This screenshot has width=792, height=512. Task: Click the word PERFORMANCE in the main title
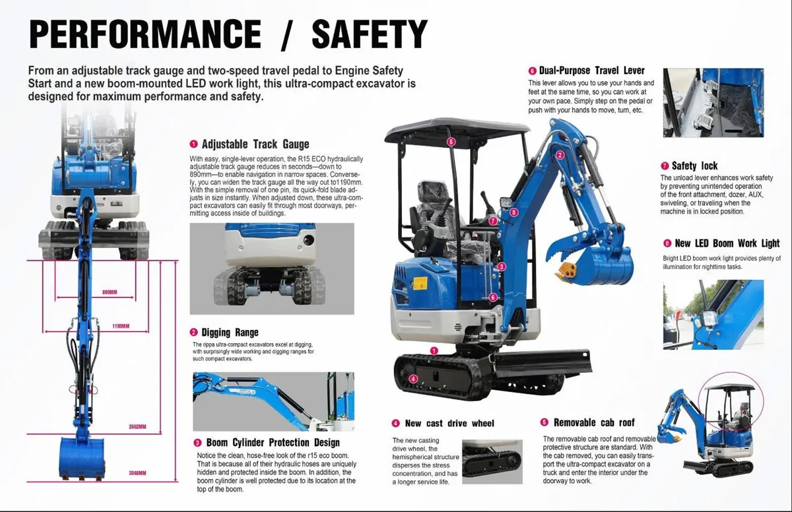point(145,35)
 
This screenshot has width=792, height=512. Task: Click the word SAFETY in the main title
point(370,35)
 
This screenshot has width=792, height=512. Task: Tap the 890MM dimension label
point(110,292)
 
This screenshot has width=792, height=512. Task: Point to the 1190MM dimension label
point(121,326)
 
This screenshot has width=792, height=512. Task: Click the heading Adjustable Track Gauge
point(255,144)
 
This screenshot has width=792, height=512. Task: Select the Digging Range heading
point(230,333)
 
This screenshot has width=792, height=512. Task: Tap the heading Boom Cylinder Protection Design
point(273,443)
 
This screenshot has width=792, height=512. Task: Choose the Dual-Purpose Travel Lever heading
point(591,71)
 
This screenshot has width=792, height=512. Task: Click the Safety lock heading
point(694,166)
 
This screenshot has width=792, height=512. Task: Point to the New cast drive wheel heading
point(449,423)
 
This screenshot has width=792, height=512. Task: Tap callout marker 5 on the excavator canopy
point(451,142)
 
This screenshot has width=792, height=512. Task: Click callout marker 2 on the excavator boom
point(560,155)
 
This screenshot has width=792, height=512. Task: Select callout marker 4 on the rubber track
point(412,379)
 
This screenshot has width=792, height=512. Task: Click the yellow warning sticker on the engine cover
point(420,282)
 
